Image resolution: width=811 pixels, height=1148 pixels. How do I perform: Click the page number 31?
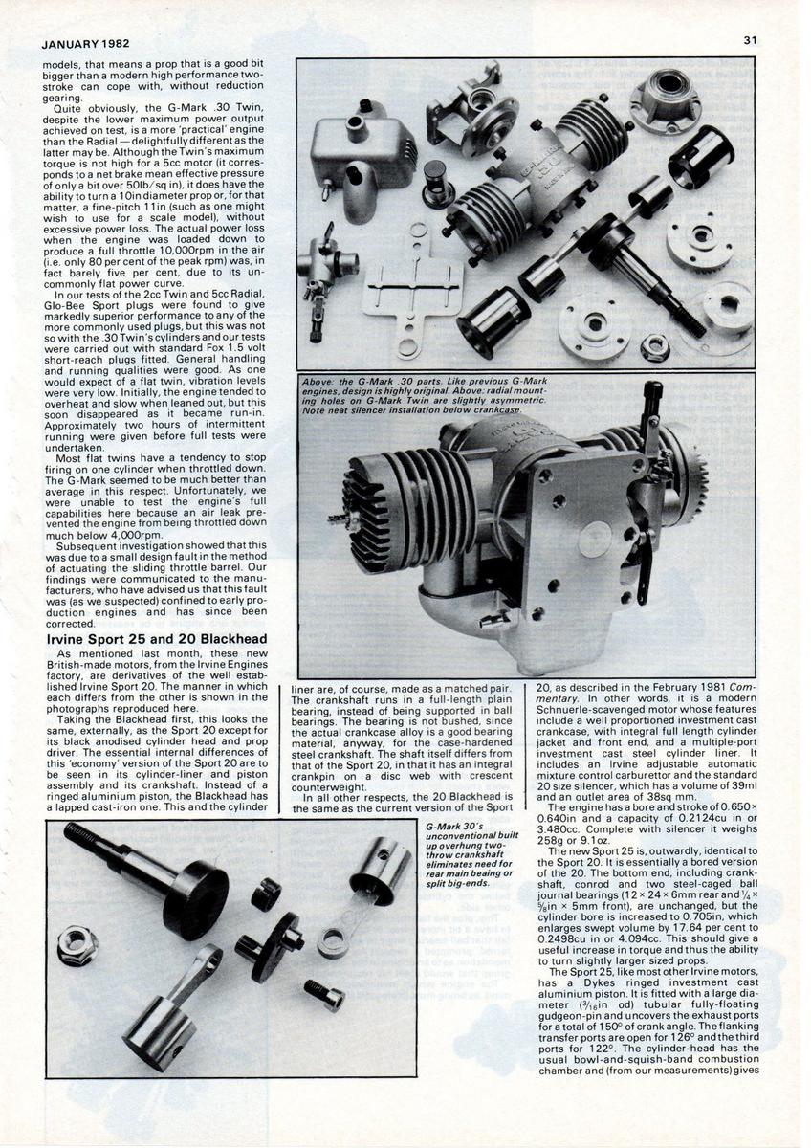pyautogui.click(x=750, y=41)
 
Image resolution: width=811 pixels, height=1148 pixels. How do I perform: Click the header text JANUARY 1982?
pyautogui.click(x=86, y=44)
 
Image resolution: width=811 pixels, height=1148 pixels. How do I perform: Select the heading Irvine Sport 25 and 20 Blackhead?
pyautogui.click(x=156, y=637)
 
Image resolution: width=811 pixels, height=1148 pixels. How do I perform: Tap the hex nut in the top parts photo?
pyautogui.click(x=656, y=346)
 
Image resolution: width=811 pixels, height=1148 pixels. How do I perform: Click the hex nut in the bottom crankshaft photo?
pyautogui.click(x=77, y=946)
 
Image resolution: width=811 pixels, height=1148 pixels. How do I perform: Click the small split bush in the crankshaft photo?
pyautogui.click(x=266, y=894)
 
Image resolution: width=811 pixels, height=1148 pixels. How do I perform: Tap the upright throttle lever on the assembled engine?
pyautogui.click(x=656, y=421)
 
